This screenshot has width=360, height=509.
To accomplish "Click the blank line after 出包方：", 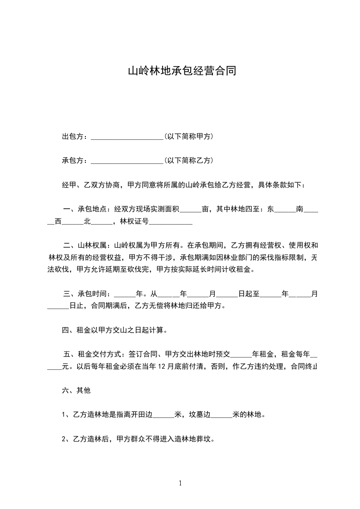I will [127, 137].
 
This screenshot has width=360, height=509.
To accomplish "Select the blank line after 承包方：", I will [127, 161].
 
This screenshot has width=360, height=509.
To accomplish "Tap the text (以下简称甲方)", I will [189, 137].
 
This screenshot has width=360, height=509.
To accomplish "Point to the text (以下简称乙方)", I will [189, 161].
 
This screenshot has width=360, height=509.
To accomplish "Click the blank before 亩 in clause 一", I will [191, 210].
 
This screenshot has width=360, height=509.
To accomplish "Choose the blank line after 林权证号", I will [171, 222].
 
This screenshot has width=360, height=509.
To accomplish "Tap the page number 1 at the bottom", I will [180, 483].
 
